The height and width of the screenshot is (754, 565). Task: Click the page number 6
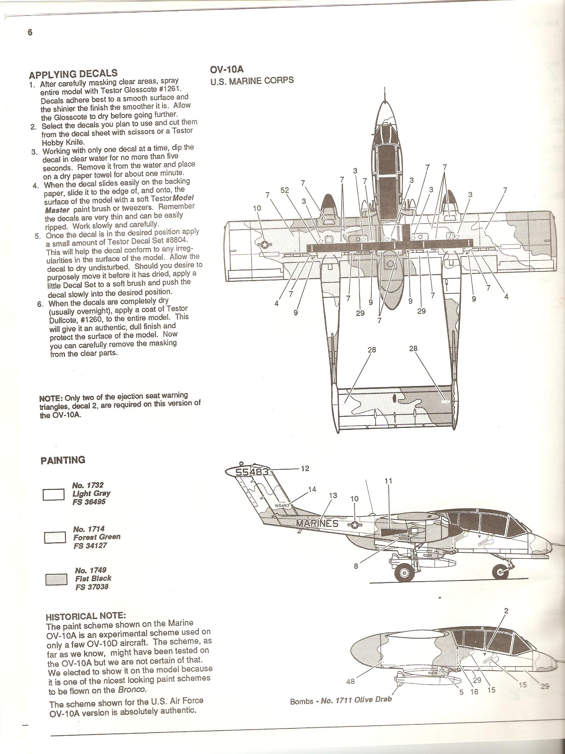30,33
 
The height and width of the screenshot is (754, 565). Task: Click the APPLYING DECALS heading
73,74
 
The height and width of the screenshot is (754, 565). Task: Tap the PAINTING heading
63,460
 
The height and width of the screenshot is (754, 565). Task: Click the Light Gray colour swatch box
53,494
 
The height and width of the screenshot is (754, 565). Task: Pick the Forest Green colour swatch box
55,538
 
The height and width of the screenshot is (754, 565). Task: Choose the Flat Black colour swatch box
56,580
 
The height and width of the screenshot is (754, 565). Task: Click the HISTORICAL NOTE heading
85,616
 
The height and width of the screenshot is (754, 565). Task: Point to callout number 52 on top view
285,190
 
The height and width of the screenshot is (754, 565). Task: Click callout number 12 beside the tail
305,468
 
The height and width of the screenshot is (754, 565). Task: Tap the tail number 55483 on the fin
252,473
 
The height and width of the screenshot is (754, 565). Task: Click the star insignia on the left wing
264,244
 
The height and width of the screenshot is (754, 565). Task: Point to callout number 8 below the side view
356,567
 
